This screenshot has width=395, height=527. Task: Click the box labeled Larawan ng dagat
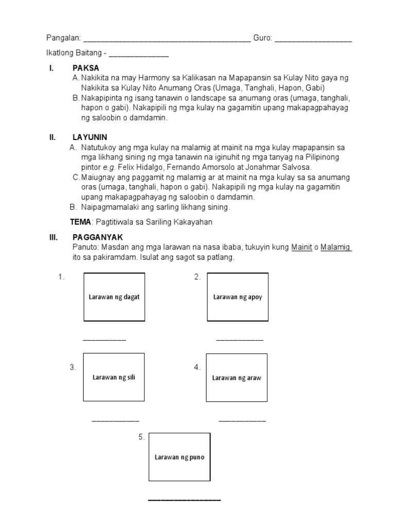coord(114,297)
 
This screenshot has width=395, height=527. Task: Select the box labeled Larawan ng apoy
coord(237,297)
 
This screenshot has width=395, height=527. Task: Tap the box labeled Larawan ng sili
coord(114,377)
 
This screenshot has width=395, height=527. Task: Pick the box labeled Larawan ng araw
coord(237,378)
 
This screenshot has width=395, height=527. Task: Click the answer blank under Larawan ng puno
coord(185,500)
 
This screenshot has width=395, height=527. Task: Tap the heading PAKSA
coord(86,68)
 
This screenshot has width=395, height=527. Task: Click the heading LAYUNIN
coord(90,137)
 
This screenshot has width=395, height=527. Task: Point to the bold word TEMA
coord(80,222)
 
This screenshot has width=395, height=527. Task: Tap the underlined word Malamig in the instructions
coord(336,248)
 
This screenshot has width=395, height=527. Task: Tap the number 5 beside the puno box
coord(141,437)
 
